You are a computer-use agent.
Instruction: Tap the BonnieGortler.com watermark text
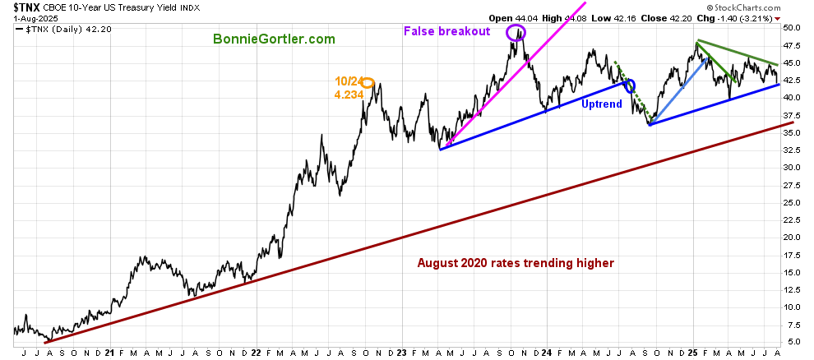(x=274, y=39)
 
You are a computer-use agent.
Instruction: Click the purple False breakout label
(x=446, y=31)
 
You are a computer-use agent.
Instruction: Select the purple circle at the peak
(x=516, y=33)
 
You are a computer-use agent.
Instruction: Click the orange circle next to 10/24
(x=368, y=81)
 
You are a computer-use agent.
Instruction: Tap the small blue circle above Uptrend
(x=631, y=85)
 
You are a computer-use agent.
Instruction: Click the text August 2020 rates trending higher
(x=516, y=264)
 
